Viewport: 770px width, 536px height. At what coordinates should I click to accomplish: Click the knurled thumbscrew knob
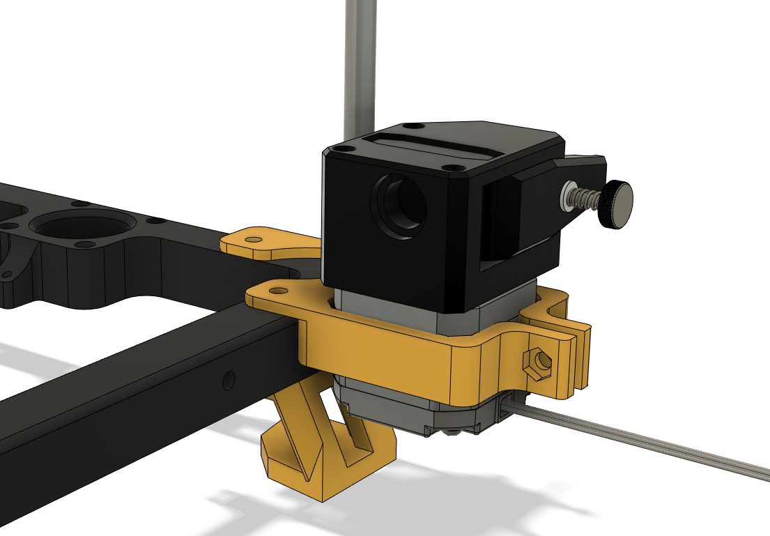[617, 204]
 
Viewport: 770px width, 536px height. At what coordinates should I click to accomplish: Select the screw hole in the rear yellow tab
[254, 240]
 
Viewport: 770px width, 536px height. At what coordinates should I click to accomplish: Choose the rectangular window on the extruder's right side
[500, 223]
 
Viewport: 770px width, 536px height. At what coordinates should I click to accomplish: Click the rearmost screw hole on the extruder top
[414, 127]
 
